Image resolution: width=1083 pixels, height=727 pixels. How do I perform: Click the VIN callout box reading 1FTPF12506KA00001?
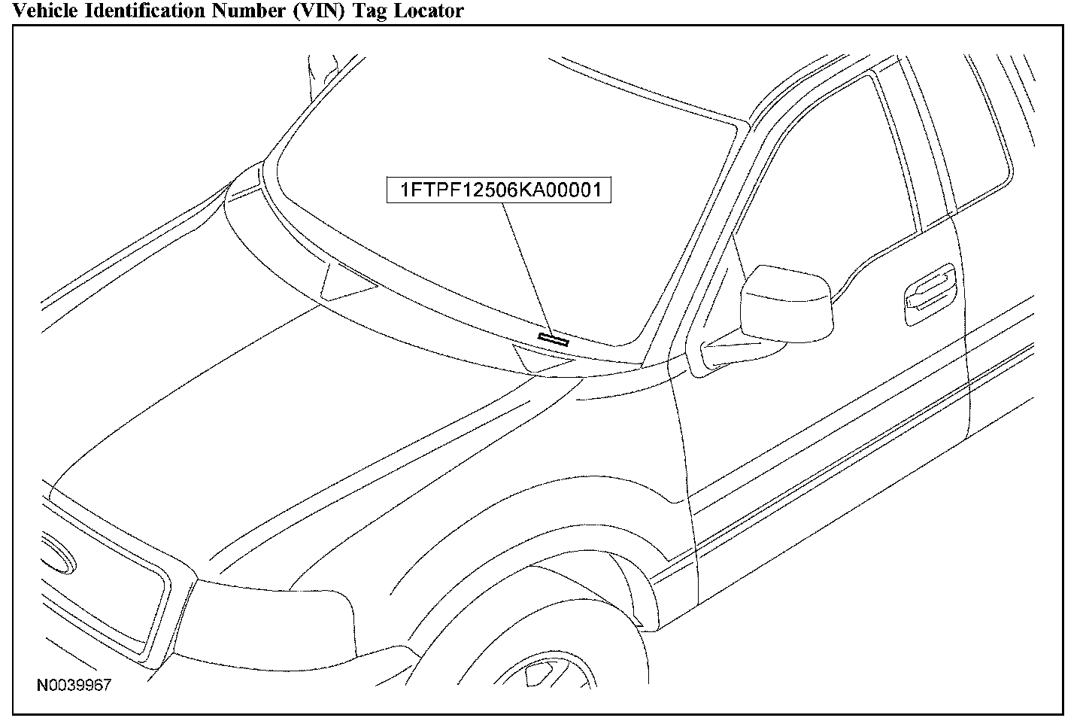pyautogui.click(x=498, y=190)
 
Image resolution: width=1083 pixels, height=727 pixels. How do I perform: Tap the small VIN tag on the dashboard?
pyautogui.click(x=554, y=338)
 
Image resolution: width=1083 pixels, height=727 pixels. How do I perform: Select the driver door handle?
pyautogui.click(x=931, y=292)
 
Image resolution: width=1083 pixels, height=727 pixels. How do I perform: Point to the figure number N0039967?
pyautogui.click(x=74, y=686)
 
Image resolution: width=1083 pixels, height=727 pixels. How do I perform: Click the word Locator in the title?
pyautogui.click(x=426, y=11)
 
